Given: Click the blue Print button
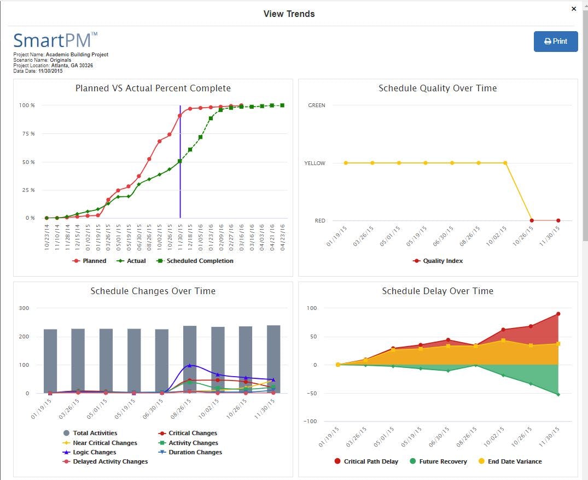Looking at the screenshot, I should click(x=555, y=41).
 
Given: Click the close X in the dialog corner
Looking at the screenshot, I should click(x=574, y=9).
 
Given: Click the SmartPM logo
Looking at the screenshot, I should click(x=55, y=41).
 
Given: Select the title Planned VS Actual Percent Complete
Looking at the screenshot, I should click(x=153, y=88).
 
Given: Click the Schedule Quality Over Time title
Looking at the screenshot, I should click(x=438, y=88).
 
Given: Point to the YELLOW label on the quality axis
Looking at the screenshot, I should click(x=315, y=163).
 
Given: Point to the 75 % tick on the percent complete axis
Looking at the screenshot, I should click(x=27, y=133).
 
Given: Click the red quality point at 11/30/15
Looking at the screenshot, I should click(x=558, y=220).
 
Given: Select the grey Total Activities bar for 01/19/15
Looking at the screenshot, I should click(x=50, y=361).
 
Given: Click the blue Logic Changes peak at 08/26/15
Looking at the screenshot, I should click(x=190, y=365).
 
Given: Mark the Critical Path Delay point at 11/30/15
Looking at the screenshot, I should click(x=558, y=314).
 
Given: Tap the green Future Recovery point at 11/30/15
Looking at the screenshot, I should click(x=558, y=394).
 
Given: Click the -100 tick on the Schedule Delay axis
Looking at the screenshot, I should click(x=311, y=421).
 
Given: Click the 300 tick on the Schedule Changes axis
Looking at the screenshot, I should click(x=24, y=308).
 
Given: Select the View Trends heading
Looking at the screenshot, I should click(x=289, y=14).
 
